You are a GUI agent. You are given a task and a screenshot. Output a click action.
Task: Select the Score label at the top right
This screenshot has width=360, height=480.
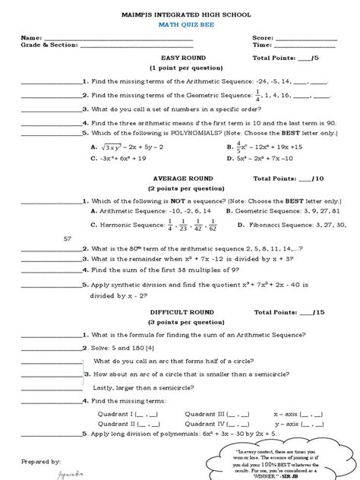tap(264, 37)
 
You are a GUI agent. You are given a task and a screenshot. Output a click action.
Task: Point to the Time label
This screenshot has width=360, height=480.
tap(263, 45)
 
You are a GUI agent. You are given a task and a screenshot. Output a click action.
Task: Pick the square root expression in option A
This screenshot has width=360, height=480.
tap(116, 147)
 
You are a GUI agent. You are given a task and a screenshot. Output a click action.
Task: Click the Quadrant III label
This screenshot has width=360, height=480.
tap(205, 414)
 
